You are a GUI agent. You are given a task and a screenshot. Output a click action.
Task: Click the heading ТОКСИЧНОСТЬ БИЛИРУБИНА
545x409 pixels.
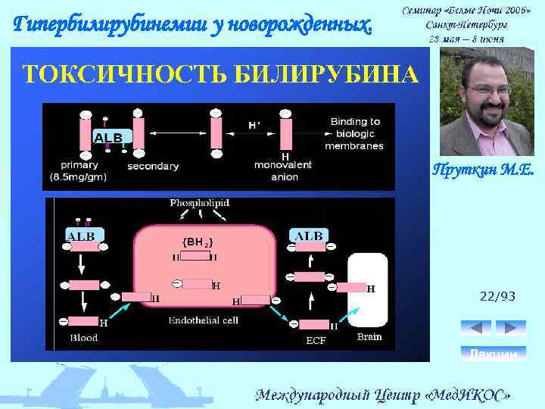click(220, 74)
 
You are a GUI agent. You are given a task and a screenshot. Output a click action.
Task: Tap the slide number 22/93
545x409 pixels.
click(498, 296)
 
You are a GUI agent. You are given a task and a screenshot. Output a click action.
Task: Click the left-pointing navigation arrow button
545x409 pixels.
click(475, 327)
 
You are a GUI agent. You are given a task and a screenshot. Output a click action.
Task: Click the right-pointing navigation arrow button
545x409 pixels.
click(511, 327)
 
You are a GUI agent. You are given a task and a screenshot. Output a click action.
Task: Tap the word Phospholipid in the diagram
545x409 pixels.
click(199, 203)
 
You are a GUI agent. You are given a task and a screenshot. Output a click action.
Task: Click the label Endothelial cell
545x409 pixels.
click(204, 320)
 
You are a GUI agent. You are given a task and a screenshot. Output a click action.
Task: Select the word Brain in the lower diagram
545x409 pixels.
click(369, 337)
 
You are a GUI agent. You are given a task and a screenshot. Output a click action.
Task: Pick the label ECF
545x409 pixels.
click(316, 340)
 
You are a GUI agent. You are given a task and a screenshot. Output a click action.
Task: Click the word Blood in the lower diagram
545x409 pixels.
click(83, 338)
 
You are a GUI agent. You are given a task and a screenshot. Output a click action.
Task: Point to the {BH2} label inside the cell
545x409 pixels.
click(198, 242)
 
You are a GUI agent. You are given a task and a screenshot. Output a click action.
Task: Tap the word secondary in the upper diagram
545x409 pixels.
click(153, 165)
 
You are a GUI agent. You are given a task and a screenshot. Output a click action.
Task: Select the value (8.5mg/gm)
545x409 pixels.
click(79, 177)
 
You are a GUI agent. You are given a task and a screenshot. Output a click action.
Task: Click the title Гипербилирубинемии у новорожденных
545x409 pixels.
click(194, 25)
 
